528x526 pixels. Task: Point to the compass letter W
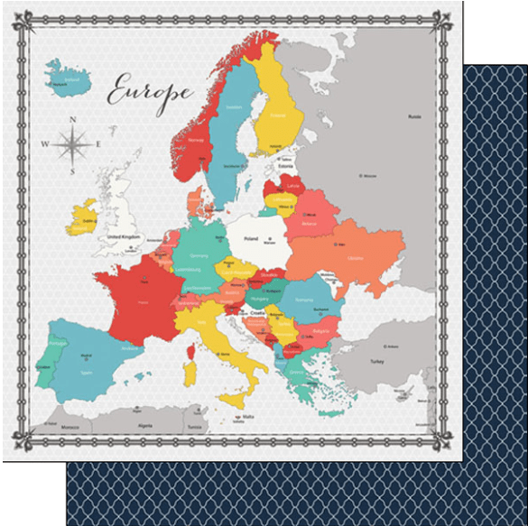[x=44, y=143]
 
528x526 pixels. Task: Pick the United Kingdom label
[x=125, y=236]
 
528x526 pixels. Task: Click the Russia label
[x=414, y=116]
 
